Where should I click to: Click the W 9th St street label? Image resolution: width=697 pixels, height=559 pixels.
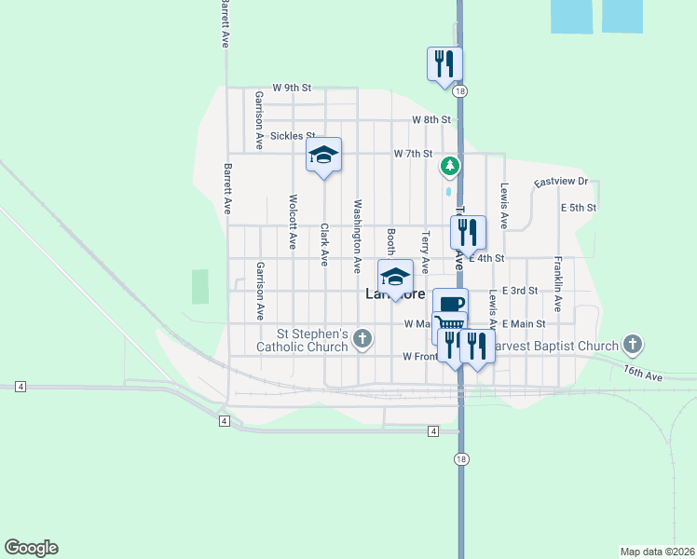click(x=291, y=88)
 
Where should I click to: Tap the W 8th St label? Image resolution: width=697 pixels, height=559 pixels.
click(x=431, y=120)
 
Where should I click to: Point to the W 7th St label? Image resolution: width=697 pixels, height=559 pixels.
click(x=413, y=153)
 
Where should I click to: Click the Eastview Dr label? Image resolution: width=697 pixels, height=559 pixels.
click(x=561, y=183)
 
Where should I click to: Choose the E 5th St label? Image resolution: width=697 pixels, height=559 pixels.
click(x=578, y=208)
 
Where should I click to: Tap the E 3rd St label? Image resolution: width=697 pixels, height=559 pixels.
click(x=520, y=291)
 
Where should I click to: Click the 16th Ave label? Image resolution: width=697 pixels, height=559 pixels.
click(x=643, y=374)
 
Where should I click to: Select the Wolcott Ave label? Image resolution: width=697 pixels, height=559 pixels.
click(x=293, y=221)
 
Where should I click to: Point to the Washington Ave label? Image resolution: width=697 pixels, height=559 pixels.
click(x=357, y=236)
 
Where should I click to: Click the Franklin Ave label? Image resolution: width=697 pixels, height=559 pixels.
click(x=558, y=284)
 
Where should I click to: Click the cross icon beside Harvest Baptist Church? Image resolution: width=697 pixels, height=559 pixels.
click(x=633, y=345)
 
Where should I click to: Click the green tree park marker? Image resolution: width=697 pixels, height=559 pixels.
click(x=450, y=167)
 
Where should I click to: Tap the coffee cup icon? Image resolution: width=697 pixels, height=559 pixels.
click(x=450, y=303)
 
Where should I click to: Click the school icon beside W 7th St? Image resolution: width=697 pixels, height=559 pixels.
click(x=324, y=154)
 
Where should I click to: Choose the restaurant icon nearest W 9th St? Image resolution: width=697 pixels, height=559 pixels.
click(x=444, y=63)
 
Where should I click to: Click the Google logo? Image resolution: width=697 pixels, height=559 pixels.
click(x=31, y=548)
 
